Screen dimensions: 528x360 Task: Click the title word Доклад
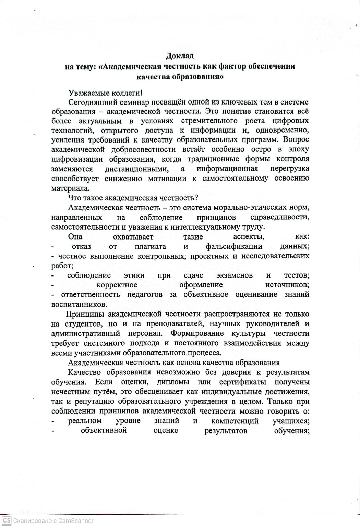pyautogui.click(x=180, y=56)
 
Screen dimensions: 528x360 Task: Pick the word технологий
pyautogui.click(x=70, y=131)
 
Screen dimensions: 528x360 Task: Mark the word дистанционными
pyautogui.click(x=136, y=169)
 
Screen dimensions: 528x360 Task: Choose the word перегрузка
pyautogui.click(x=289, y=169)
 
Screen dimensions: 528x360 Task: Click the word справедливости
pyautogui.click(x=279, y=217)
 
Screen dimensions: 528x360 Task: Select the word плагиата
pyautogui.click(x=150, y=246)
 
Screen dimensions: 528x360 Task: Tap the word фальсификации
pyautogui.click(x=234, y=246)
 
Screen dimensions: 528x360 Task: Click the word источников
pyautogui.click(x=287, y=285)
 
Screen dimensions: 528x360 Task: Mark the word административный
pyautogui.click(x=85, y=333)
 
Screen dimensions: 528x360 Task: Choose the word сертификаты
pyautogui.click(x=242, y=382)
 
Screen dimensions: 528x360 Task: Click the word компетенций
pyautogui.click(x=235, y=421)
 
